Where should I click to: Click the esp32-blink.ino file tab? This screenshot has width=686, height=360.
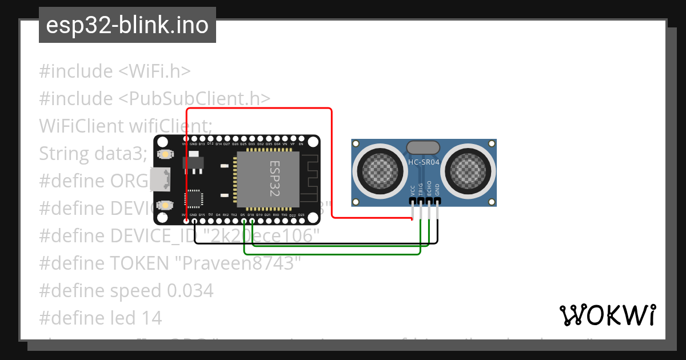coord(127,26)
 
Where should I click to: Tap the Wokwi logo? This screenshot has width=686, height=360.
coord(607,315)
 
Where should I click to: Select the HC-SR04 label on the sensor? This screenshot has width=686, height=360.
coord(424,162)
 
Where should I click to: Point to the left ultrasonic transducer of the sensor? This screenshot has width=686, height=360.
coord(380,170)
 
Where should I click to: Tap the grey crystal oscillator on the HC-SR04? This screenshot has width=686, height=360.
coord(423,147)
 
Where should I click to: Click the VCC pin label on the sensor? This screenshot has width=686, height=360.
coord(413,190)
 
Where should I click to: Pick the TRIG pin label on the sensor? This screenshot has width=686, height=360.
coord(421,190)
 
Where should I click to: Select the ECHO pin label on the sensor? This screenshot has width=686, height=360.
coord(429,190)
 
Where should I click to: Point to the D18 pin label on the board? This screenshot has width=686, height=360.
coord(251,215)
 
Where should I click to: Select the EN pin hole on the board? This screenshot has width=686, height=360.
coord(301,139)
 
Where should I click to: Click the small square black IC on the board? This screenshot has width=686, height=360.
coord(194,199)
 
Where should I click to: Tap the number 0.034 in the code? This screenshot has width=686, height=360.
coord(190,290)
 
